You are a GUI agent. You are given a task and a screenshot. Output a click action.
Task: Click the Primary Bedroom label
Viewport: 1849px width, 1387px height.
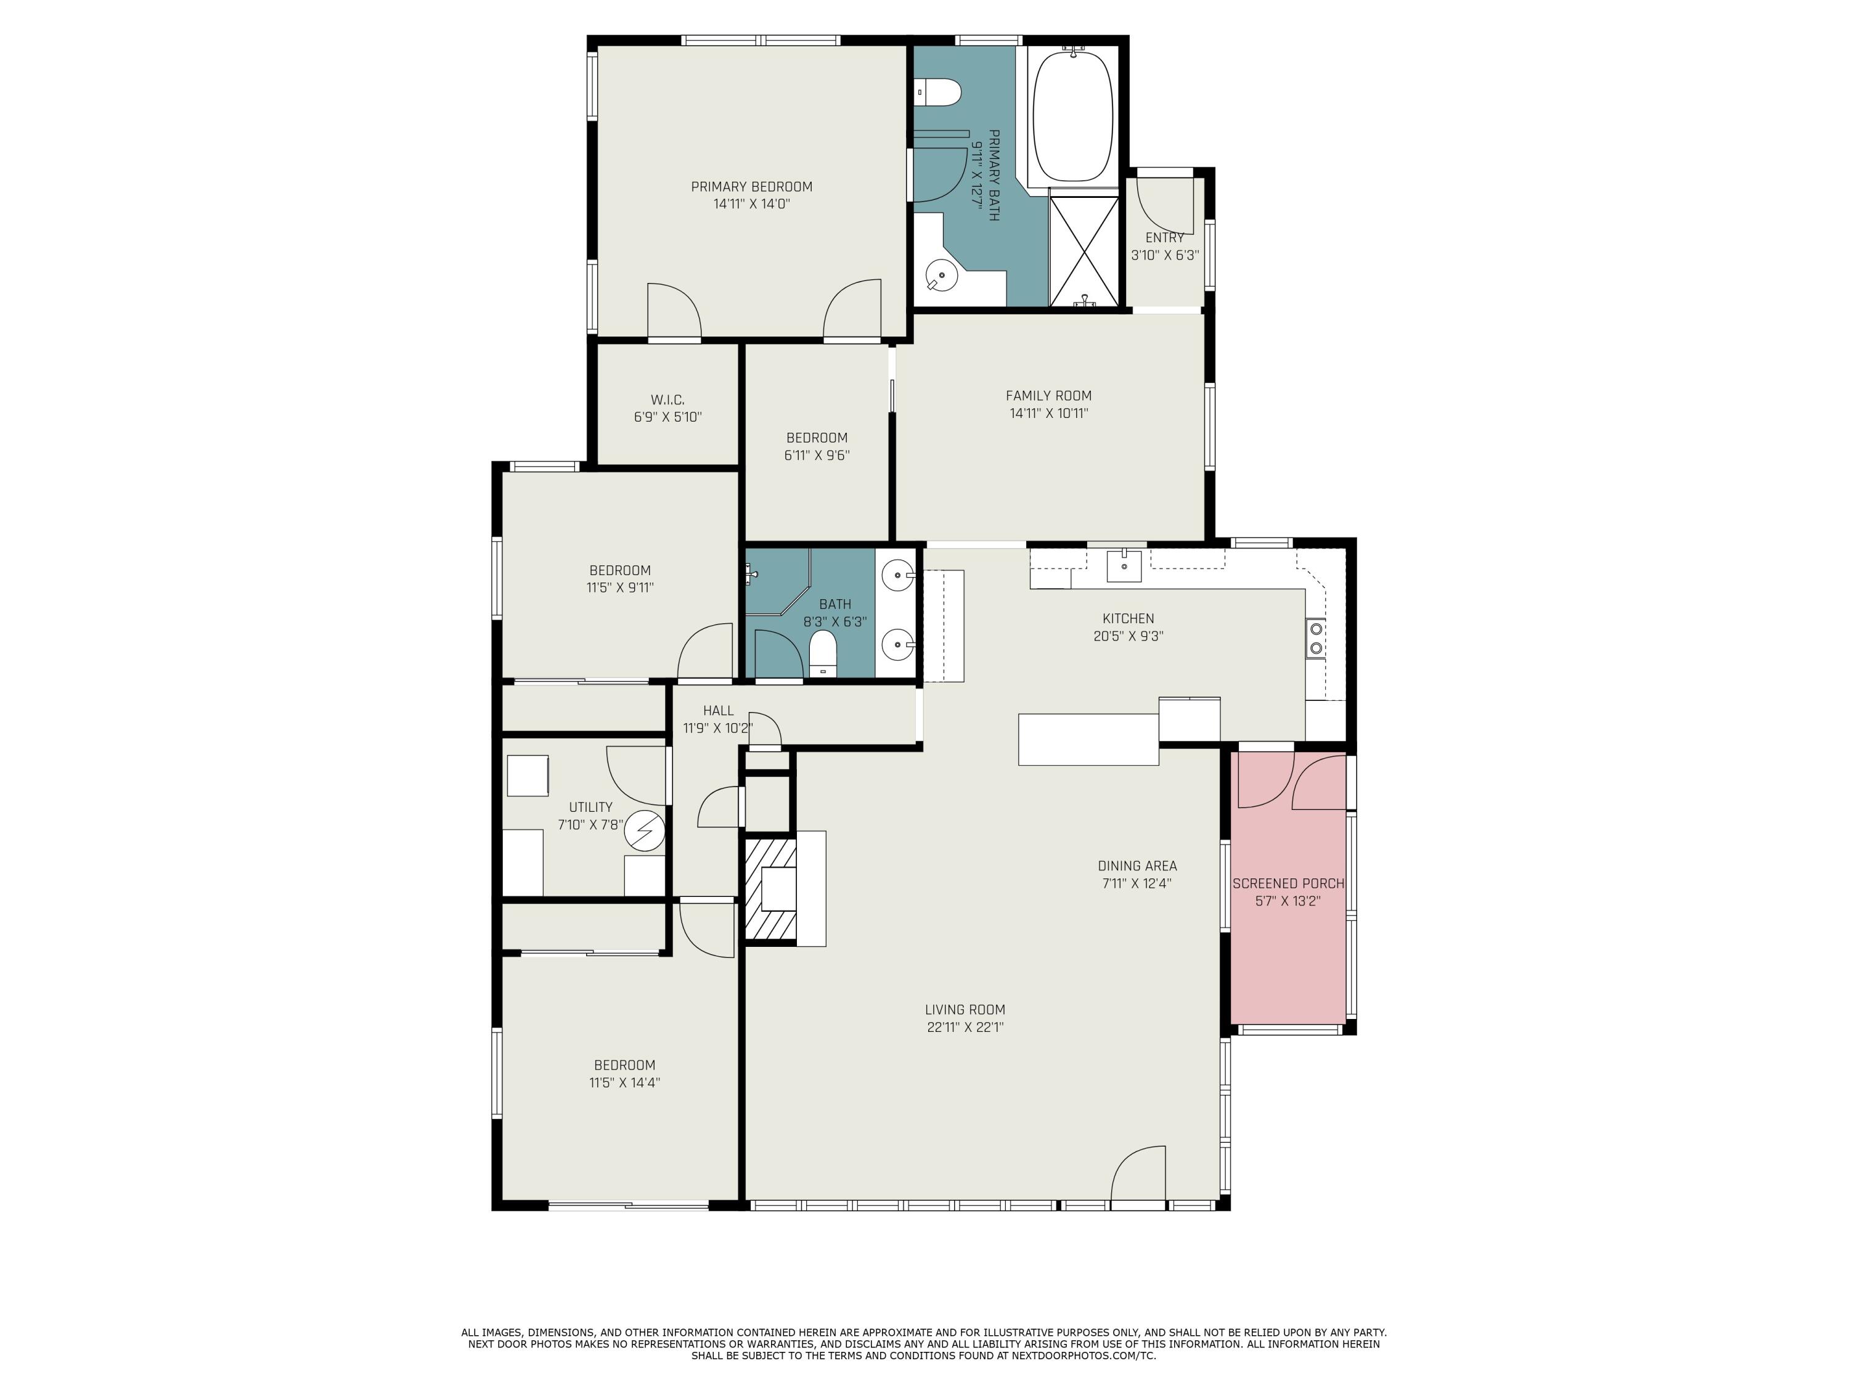coord(751,186)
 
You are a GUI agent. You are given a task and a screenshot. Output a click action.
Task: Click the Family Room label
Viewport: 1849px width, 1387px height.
coord(1048,396)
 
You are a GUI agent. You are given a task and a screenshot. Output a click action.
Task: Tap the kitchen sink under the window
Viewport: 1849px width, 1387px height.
coord(1124,566)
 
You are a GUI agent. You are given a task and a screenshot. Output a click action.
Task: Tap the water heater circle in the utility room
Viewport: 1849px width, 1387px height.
coord(645,830)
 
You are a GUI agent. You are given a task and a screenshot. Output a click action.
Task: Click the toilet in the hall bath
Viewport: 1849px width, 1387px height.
coord(823,653)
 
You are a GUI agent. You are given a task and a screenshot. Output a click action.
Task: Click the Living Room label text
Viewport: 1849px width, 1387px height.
coord(965,1010)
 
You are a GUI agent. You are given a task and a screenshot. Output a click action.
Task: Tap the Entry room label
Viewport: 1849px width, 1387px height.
coord(1164,237)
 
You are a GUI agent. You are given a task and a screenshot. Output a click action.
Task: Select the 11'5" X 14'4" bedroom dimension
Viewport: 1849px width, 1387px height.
coord(624,1082)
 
